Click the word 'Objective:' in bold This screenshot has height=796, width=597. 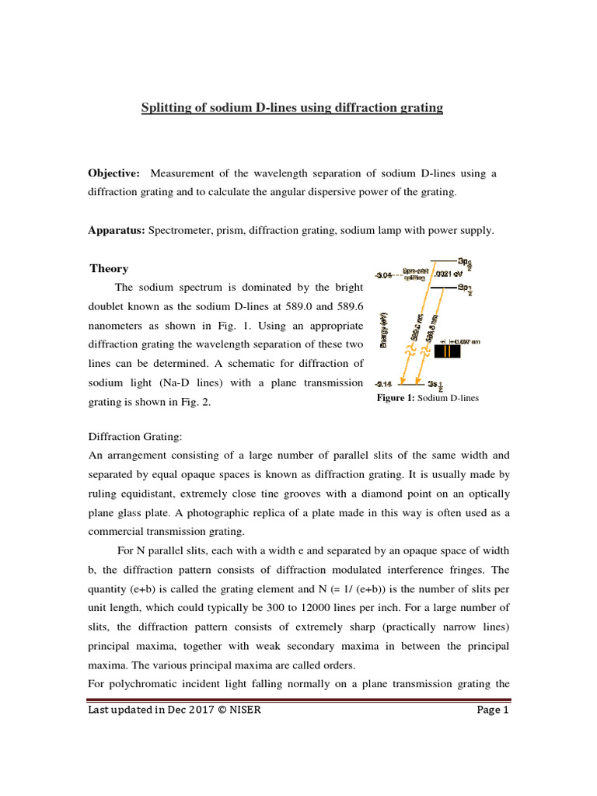pos(114,173)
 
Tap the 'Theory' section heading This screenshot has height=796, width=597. pos(109,268)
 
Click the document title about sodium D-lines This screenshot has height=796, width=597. pos(292,108)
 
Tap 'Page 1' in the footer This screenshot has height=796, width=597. pos(491,710)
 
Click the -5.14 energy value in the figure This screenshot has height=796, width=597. pos(384,383)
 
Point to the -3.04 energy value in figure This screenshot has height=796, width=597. pos(384,274)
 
